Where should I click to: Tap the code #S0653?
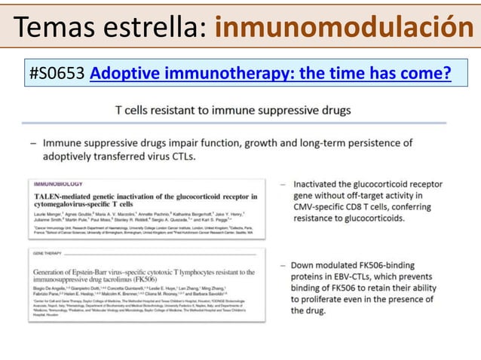click(57, 73)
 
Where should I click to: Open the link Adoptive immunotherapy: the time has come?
click(270, 73)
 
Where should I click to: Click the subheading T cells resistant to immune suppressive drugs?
click(232, 111)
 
